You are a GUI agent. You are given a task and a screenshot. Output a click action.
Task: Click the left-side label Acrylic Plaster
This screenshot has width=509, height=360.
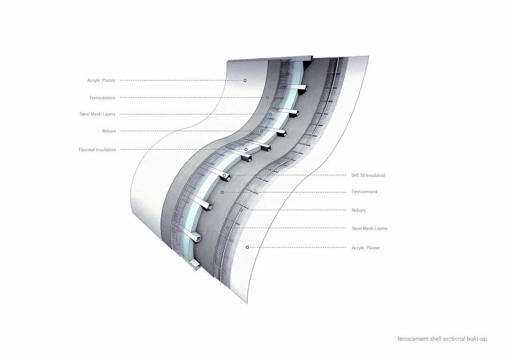click(101, 80)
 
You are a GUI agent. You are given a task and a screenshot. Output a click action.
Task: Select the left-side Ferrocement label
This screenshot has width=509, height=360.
click(102, 98)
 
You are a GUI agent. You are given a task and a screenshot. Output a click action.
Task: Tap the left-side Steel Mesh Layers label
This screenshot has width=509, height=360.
click(97, 114)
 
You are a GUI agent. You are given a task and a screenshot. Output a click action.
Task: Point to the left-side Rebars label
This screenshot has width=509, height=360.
click(109, 131)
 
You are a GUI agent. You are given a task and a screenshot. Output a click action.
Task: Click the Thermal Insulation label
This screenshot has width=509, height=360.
click(97, 150)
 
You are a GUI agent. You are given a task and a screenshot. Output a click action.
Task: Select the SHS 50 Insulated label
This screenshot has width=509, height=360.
click(368, 175)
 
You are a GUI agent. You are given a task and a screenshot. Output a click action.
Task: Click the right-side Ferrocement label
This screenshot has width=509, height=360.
click(364, 191)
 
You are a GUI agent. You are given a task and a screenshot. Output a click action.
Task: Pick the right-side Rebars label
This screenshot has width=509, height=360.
click(358, 210)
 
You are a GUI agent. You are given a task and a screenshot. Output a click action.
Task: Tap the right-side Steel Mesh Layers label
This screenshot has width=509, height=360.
click(370, 229)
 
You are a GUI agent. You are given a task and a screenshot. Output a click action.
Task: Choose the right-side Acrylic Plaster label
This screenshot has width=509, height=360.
click(365, 247)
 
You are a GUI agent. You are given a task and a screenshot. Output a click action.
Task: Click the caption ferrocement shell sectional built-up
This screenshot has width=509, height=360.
click(442, 339)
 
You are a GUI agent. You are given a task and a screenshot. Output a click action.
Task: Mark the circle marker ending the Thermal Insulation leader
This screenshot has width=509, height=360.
click(246, 149)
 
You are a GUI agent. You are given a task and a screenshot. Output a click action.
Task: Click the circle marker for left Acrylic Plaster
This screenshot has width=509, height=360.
click(245, 80)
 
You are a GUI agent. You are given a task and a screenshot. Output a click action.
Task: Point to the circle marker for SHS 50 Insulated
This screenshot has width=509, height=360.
click(224, 175)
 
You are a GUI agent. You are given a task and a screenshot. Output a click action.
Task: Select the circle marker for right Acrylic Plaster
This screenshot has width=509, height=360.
click(247, 247)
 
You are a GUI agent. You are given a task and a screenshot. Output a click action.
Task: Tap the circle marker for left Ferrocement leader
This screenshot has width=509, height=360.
click(268, 97)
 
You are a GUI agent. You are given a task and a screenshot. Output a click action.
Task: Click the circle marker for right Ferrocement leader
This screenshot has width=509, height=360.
click(222, 192)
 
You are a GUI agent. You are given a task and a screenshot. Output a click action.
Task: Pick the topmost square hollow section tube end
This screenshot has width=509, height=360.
click(303, 89)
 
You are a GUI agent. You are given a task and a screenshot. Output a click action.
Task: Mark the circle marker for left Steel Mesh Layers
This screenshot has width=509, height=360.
click(270, 114)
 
